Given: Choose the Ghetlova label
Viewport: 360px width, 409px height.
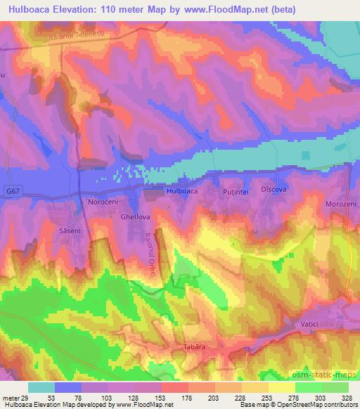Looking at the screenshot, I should coord(136,217).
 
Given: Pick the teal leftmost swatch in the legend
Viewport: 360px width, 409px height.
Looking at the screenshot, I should coord(41,387).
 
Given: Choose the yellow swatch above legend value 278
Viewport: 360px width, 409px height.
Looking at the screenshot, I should coord(282,387).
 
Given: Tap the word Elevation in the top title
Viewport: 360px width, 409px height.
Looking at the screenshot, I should coord(73,10).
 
